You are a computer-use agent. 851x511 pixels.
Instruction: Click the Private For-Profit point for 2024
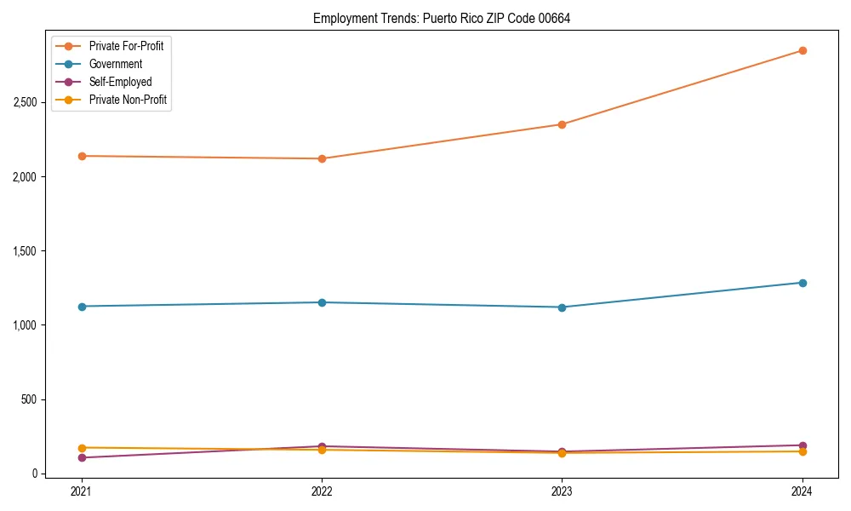click(802, 50)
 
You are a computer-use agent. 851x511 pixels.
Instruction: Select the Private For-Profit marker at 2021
click(82, 156)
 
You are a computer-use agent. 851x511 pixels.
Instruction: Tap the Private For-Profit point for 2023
click(562, 124)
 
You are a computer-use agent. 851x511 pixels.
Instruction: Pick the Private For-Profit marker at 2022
click(322, 158)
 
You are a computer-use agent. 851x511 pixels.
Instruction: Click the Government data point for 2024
click(802, 283)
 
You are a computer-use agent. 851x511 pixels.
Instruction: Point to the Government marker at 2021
click(82, 307)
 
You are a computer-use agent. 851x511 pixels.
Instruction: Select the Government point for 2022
click(322, 302)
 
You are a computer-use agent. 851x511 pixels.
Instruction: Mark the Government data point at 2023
click(562, 307)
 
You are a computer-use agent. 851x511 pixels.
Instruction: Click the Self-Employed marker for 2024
click(802, 445)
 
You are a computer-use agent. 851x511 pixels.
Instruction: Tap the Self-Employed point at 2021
click(82, 458)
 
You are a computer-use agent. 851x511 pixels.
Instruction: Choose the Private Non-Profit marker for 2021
click(82, 448)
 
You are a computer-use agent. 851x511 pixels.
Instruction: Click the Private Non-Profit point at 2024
click(802, 451)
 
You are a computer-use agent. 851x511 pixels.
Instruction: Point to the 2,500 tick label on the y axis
click(25, 102)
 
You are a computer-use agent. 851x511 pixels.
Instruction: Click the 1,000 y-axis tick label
click(25, 325)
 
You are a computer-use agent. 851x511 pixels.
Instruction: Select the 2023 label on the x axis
click(562, 491)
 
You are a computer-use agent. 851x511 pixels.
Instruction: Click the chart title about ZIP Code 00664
click(442, 19)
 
